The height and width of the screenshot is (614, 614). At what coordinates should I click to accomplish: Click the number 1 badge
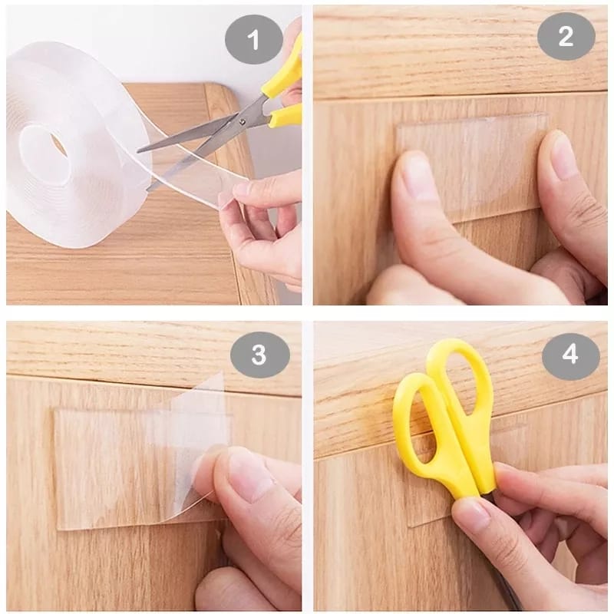click(254, 36)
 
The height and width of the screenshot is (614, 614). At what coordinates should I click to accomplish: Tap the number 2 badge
click(566, 36)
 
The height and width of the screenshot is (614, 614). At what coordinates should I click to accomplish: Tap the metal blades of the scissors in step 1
click(192, 138)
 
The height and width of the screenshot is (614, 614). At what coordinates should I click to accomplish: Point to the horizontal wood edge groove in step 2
click(460, 95)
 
